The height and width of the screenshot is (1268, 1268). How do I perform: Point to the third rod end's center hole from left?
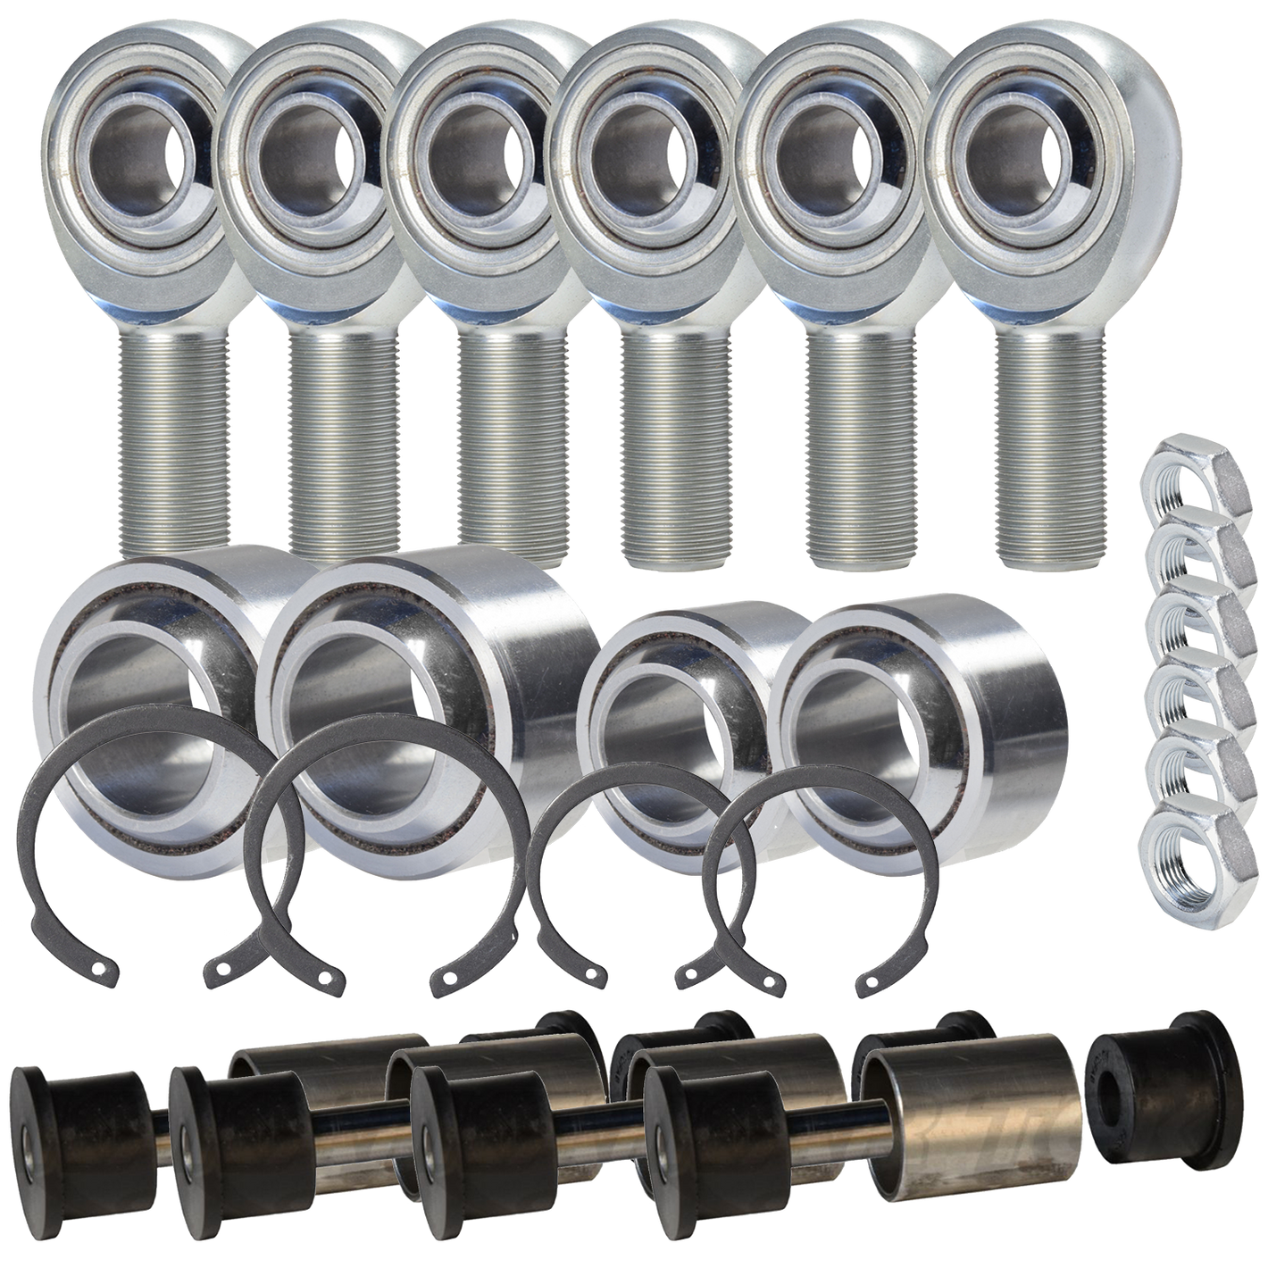[x=482, y=150]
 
